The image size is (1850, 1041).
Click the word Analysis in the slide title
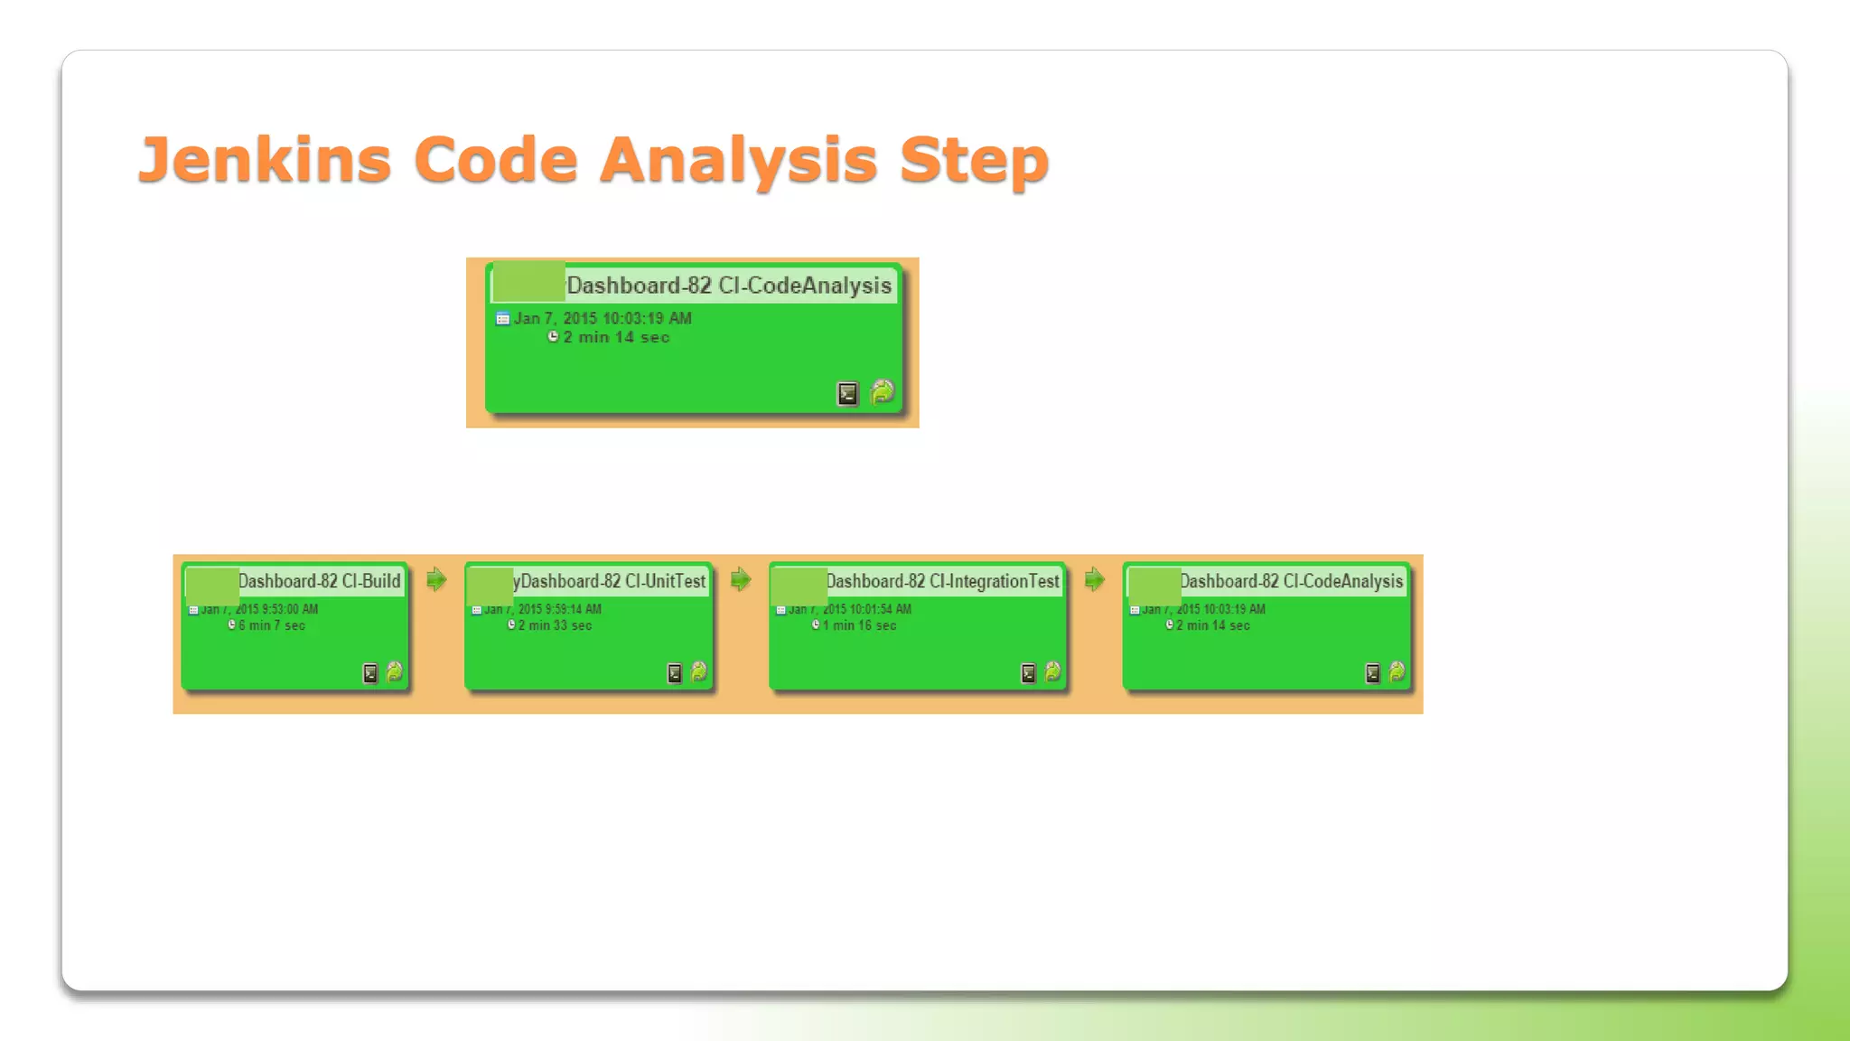click(x=738, y=159)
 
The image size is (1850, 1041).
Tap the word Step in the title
click(x=974, y=159)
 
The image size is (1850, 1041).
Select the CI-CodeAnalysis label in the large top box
click(x=804, y=286)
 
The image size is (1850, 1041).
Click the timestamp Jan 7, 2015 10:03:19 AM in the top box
click(x=603, y=318)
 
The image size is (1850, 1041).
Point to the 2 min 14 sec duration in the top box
click(x=616, y=337)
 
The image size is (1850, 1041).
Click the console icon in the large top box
click(x=847, y=394)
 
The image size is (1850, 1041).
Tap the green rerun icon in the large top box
click(x=882, y=392)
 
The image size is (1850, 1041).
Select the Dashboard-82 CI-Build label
click(x=319, y=581)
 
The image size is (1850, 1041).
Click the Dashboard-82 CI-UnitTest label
click(x=612, y=581)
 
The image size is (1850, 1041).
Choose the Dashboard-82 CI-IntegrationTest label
click(x=942, y=581)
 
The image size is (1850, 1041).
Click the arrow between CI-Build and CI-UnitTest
click(x=436, y=579)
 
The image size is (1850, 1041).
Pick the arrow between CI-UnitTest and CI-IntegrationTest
click(x=741, y=579)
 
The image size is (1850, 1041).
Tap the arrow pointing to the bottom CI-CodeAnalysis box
click(x=1094, y=579)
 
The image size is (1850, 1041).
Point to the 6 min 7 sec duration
click(x=271, y=625)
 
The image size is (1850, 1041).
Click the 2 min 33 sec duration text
click(x=555, y=625)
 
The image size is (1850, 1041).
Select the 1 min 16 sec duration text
click(x=859, y=625)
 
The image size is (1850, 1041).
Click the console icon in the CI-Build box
click(x=369, y=673)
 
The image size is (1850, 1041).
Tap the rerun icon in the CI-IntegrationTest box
click(x=1052, y=671)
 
